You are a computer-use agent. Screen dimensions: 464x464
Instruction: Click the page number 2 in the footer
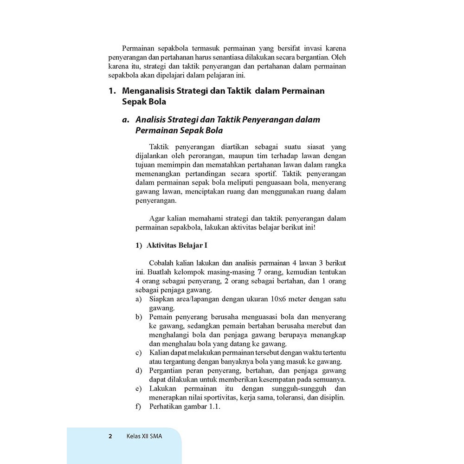[110, 436]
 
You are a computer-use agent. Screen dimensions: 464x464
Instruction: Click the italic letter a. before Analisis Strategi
[125, 120]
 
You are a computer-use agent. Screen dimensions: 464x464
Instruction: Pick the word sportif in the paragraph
[266, 175]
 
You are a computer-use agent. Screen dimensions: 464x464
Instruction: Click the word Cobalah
[163, 263]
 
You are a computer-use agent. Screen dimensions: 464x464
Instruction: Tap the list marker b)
[139, 317]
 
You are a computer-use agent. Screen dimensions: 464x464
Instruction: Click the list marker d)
[139, 371]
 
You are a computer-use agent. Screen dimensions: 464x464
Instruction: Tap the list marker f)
[139, 407]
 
